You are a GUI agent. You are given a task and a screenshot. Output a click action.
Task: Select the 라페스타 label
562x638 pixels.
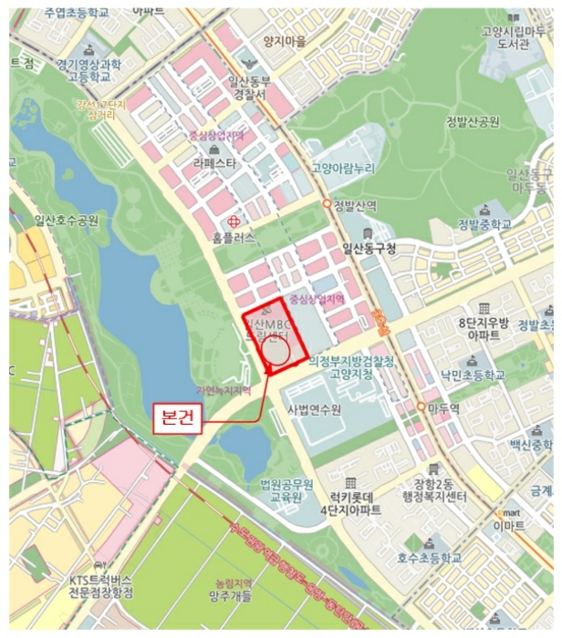click(x=213, y=164)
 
